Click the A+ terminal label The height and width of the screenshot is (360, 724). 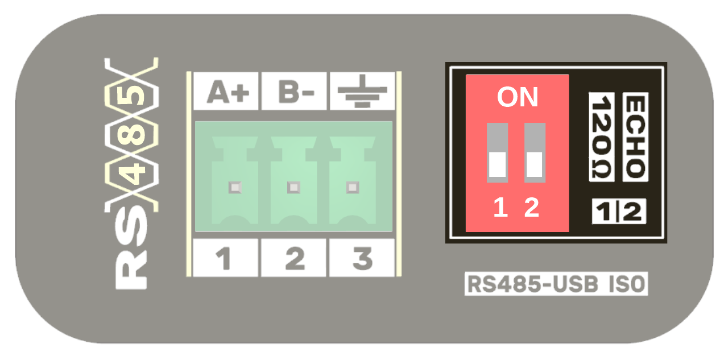pyautogui.click(x=226, y=92)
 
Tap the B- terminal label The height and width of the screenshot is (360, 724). pyautogui.click(x=294, y=92)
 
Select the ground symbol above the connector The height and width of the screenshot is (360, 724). pyautogui.click(x=362, y=92)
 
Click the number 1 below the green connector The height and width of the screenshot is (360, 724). pyautogui.click(x=225, y=259)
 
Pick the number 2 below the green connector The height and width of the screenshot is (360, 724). pyautogui.click(x=294, y=259)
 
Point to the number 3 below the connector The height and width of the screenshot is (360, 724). pyautogui.click(x=362, y=259)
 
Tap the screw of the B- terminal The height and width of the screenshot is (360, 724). pyautogui.click(x=293, y=187)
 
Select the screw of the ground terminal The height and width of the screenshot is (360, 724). pyautogui.click(x=353, y=187)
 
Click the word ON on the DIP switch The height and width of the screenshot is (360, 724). pyautogui.click(x=517, y=98)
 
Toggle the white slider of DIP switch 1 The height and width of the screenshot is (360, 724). pyautogui.click(x=498, y=164)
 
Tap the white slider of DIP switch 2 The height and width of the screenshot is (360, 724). pyautogui.click(x=535, y=164)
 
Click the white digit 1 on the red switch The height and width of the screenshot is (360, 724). pyautogui.click(x=500, y=208)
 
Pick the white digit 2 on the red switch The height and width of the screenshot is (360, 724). pyautogui.click(x=532, y=208)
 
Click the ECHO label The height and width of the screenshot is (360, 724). pyautogui.click(x=635, y=136)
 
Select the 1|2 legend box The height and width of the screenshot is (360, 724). pyautogui.click(x=619, y=212)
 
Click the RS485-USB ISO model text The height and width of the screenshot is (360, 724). pyautogui.click(x=556, y=284)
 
